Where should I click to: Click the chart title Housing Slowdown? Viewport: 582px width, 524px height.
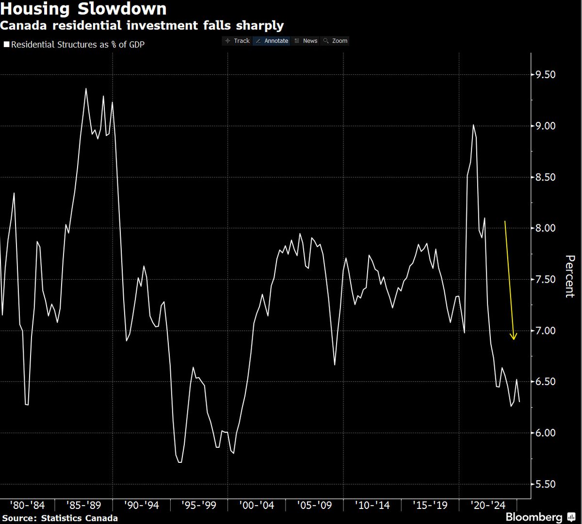83,9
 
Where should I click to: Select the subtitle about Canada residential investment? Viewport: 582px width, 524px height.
142,25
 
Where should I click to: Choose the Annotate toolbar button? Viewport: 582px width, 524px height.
272,41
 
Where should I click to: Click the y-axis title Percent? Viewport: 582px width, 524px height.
570,276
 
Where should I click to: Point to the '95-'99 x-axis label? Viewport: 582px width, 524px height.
199,506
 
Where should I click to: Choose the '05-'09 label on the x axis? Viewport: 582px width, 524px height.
314,506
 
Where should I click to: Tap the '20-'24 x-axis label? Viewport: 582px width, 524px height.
487,506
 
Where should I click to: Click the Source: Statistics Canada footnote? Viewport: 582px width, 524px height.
60,518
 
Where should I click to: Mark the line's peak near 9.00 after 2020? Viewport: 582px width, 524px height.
473,125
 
